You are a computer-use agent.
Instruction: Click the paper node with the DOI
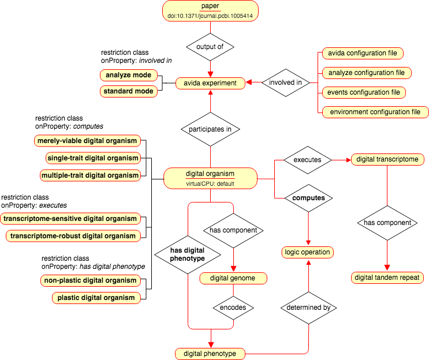210,11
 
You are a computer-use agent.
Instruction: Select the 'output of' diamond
210,47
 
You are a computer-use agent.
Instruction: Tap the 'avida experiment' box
210,83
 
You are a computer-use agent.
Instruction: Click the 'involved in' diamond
286,82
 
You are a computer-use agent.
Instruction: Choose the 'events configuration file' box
364,92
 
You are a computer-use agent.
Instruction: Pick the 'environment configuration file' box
375,112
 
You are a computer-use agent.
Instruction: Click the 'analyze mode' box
129,75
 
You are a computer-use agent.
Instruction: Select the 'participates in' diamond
210,129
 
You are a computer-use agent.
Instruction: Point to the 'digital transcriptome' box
387,159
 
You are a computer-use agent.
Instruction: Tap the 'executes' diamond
308,160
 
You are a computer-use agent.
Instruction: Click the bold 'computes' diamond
309,198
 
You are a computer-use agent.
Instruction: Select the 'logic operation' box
308,252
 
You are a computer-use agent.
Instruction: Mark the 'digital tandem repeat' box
387,277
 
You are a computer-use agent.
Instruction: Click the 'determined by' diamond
309,308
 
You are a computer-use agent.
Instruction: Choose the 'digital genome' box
233,278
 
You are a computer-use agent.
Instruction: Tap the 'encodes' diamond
233,308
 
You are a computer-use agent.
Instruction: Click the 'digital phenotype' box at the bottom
210,354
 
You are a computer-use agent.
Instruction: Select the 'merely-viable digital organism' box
87,141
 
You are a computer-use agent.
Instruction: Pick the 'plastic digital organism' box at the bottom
96,298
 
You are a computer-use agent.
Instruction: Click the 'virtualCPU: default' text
210,183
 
